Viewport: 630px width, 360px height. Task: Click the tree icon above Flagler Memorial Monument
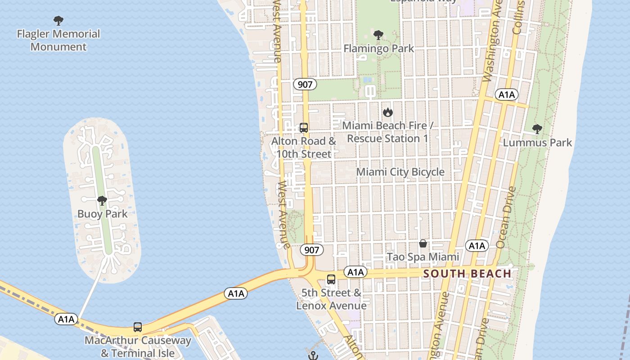[x=58, y=21]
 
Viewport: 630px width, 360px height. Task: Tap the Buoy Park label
[x=103, y=214]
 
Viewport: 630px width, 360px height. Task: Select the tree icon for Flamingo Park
[x=378, y=35]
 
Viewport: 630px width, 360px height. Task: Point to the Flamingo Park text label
[x=378, y=48]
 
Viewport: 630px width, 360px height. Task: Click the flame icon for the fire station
[x=387, y=112]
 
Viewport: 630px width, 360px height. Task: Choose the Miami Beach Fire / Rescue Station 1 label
[x=387, y=132]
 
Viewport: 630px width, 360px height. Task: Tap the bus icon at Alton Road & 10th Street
[x=304, y=128]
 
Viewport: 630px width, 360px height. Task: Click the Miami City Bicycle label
[x=400, y=172]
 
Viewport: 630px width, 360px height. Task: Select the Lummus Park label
[x=537, y=143]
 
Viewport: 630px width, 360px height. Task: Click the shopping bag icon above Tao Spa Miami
[x=423, y=244]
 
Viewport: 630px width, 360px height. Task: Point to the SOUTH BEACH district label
[x=467, y=274]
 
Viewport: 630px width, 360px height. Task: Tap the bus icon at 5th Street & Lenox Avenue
[x=331, y=279]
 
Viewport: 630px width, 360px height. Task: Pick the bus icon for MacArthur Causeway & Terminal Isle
[x=138, y=327]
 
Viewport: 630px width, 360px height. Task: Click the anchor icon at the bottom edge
[x=313, y=355]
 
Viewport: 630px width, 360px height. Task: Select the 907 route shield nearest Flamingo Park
[x=305, y=84]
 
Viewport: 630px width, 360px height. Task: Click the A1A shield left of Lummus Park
[x=507, y=94]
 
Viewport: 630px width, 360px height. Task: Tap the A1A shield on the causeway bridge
[x=236, y=294]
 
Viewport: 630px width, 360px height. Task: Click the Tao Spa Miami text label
[x=423, y=257]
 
